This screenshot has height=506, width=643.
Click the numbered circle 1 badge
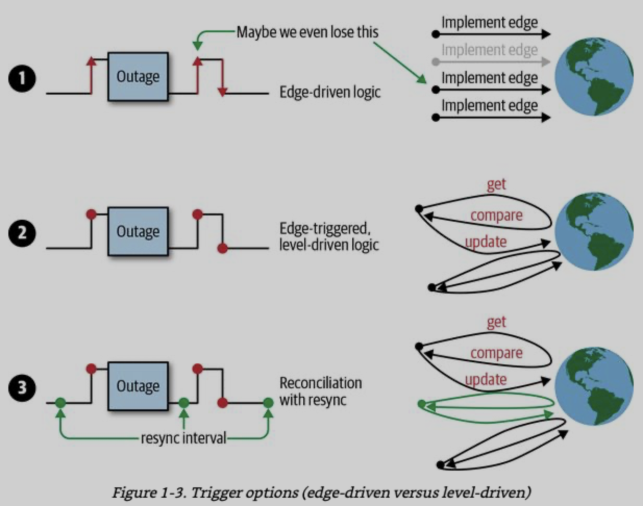click(22, 79)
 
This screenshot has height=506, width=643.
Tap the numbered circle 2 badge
click(22, 233)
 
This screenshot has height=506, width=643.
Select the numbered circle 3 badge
click(22, 387)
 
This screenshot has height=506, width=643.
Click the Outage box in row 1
click(138, 77)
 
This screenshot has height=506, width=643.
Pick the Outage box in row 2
click(138, 231)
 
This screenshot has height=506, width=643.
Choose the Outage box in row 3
click(138, 386)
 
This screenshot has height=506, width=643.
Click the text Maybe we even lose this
click(307, 32)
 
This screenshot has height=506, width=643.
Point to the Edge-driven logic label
click(330, 92)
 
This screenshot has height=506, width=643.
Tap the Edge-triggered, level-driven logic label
click(329, 236)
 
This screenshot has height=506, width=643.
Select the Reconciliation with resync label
click(320, 391)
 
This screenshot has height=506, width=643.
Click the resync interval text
click(183, 438)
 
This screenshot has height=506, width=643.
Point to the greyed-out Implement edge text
click(489, 50)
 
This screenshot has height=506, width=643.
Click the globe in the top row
click(593, 77)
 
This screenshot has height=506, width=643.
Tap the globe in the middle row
click(593, 231)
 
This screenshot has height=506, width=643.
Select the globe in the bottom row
click(593, 386)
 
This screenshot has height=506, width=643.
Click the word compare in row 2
click(496, 216)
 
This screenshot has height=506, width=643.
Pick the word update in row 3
click(486, 379)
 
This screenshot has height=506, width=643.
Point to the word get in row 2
click(496, 184)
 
